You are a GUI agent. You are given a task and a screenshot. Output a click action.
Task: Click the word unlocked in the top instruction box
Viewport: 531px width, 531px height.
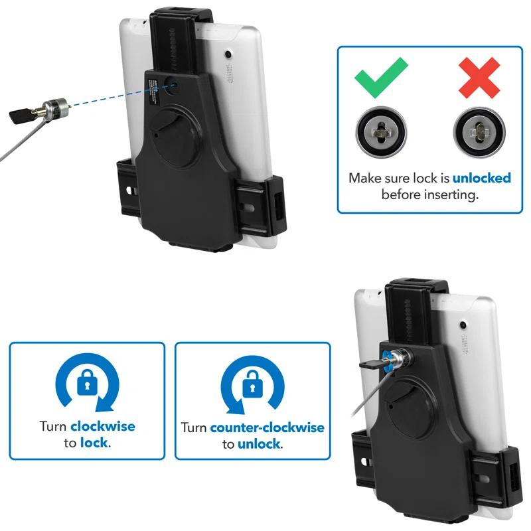(481, 179)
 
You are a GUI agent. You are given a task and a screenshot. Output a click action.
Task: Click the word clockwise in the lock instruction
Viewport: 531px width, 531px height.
(102, 426)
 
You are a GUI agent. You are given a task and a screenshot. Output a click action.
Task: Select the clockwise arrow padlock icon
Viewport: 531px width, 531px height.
(87, 383)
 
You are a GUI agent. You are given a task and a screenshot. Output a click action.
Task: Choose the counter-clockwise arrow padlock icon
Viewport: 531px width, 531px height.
(252, 384)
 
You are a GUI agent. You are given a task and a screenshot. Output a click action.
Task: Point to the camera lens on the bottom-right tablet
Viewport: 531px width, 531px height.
(462, 325)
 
